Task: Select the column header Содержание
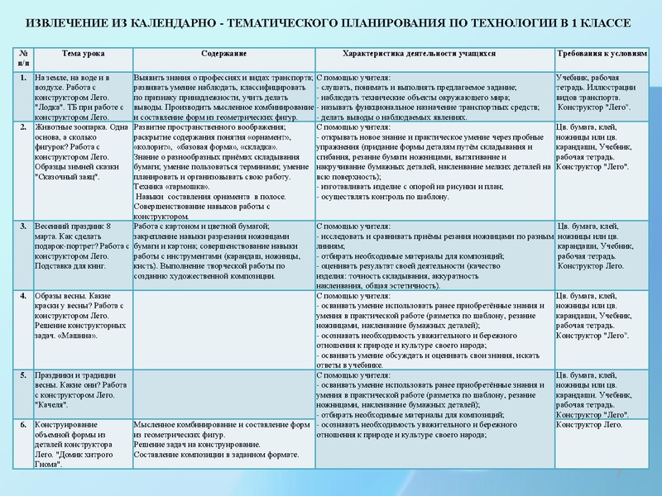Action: click(x=223, y=54)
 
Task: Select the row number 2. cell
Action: click(x=22, y=128)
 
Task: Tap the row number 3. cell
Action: click(x=22, y=226)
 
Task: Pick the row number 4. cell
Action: click(x=22, y=295)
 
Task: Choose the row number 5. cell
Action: click(x=22, y=374)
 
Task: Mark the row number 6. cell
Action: click(x=22, y=424)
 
